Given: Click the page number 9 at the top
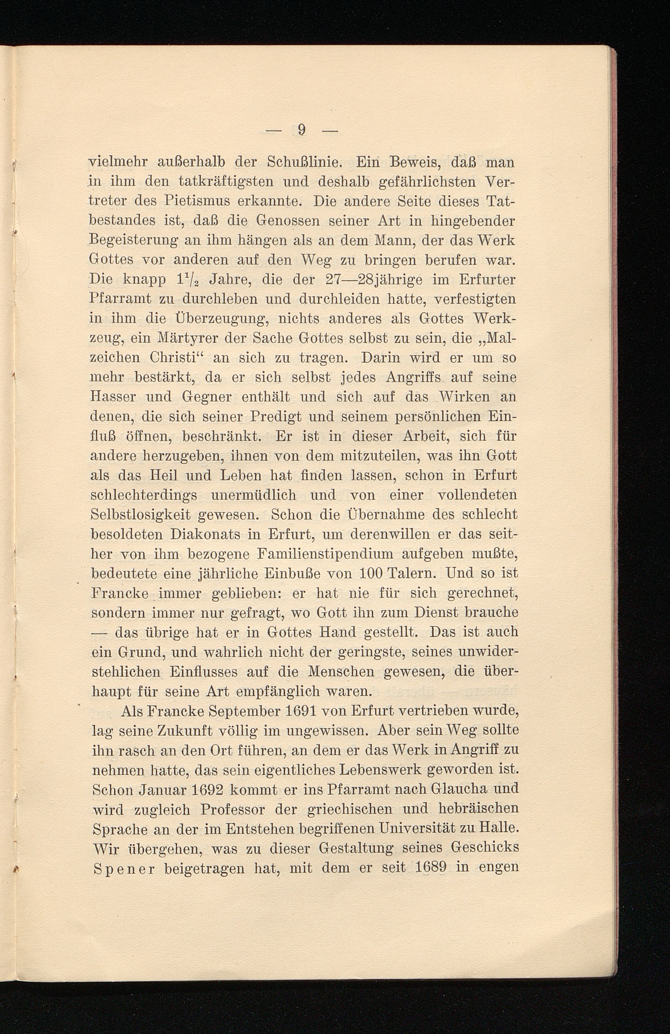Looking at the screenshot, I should click(x=302, y=130).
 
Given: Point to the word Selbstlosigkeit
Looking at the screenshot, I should click(x=140, y=514).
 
